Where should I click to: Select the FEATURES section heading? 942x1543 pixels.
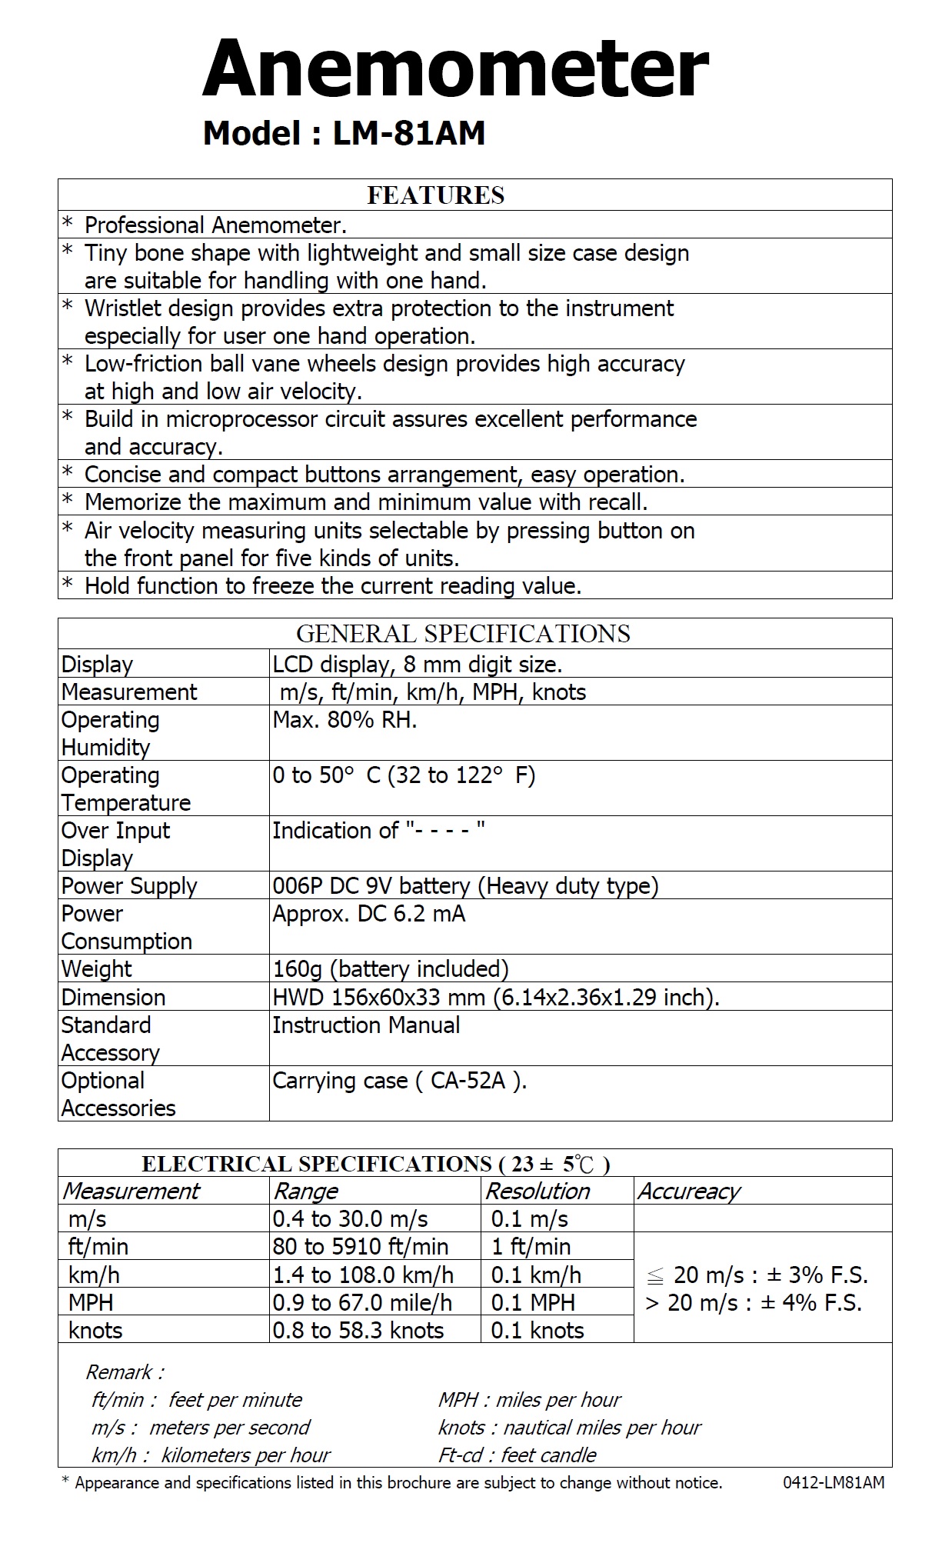point(435,195)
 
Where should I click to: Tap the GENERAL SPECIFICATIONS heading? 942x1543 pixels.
point(463,634)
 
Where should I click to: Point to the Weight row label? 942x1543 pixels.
point(96,969)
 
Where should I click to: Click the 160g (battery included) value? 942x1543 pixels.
point(391,969)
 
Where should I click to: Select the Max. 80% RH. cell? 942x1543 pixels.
point(345,721)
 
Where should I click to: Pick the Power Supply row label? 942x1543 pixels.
point(129,886)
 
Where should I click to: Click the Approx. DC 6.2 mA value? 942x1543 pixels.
point(368,914)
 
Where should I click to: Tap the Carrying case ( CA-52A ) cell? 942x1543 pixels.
point(400,1081)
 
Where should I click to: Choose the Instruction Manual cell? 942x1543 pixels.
point(366,1025)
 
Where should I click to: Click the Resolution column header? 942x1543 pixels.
point(538,1191)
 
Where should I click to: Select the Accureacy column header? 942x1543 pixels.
point(688,1191)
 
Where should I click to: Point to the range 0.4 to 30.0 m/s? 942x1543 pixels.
point(350,1219)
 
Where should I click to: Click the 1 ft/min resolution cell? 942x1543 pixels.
point(531,1247)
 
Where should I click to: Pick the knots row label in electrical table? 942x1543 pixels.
point(95,1331)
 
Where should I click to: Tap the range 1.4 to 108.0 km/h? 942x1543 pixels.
point(363,1275)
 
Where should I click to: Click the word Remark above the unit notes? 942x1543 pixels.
point(124,1372)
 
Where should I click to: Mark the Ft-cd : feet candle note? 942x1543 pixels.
point(518,1455)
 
